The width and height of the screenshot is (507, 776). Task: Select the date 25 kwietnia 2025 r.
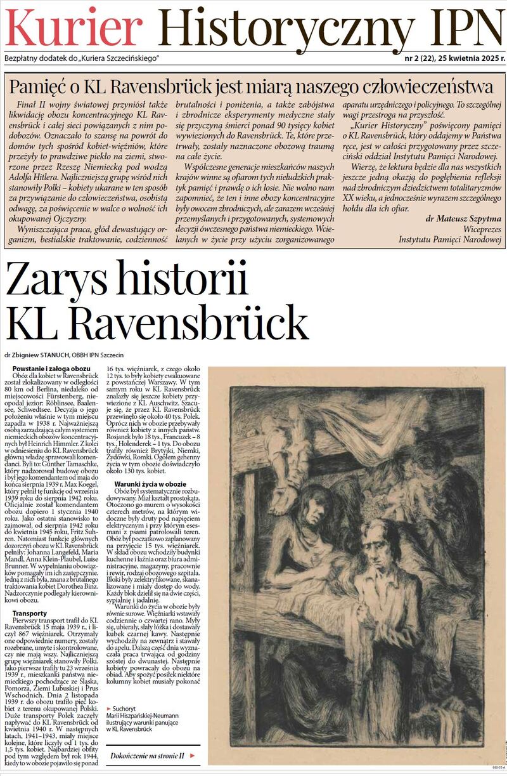(469, 58)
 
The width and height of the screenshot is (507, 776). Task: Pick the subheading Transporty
(30, 614)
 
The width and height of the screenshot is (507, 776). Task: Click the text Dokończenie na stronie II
(146, 756)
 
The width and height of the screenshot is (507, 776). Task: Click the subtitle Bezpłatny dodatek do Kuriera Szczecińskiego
(82, 58)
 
